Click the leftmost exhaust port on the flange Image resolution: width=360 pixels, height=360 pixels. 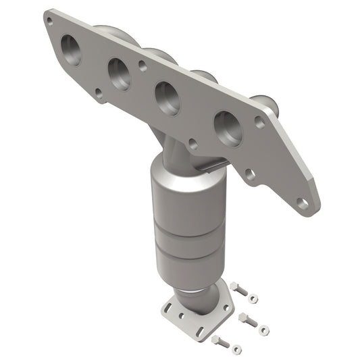point(70,49)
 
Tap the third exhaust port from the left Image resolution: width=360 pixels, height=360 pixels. point(167,97)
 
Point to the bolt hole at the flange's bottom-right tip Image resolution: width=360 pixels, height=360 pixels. point(305,202)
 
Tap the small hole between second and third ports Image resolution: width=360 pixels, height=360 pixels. point(142,67)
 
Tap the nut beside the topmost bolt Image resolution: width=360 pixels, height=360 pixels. point(252,298)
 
